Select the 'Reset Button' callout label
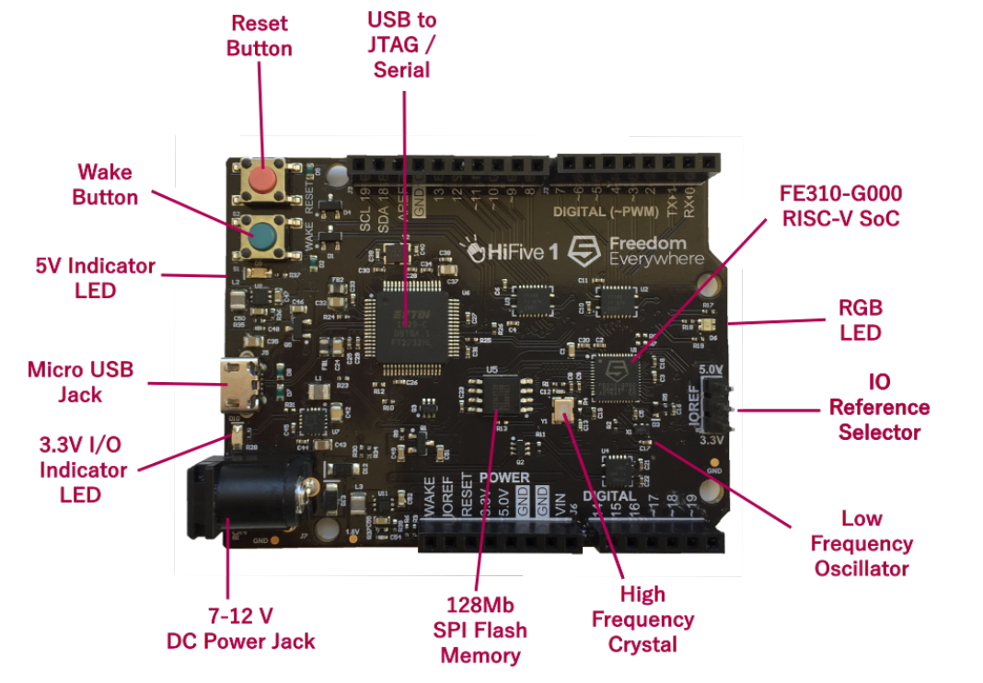260,36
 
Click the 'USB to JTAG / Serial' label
402,44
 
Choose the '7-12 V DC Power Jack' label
241,628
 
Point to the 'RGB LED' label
861,319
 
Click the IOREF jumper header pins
713,406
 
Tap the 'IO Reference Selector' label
879,407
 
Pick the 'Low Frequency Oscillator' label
862,543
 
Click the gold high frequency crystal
562,409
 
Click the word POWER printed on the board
503,478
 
